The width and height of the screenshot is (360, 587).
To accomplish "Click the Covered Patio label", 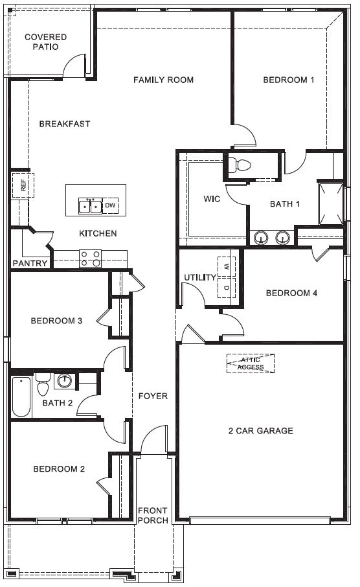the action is click(x=46, y=42).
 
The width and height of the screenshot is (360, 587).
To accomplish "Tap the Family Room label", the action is click(x=164, y=80).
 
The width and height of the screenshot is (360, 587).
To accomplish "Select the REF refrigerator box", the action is click(x=23, y=185).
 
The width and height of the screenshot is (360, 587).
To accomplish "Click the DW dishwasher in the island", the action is click(x=110, y=205).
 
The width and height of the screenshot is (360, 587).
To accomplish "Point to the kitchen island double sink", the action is click(x=90, y=206).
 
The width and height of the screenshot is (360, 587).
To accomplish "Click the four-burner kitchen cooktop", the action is click(x=91, y=259).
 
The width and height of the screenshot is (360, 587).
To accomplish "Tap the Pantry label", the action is click(x=30, y=263).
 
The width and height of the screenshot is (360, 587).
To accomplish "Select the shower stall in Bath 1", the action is click(x=330, y=203).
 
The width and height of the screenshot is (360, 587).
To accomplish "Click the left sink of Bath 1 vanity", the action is click(x=261, y=237).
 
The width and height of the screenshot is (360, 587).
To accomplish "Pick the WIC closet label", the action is click(x=212, y=199).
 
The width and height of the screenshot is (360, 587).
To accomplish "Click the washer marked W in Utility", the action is click(x=227, y=266).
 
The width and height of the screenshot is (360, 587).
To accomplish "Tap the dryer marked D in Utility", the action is click(x=227, y=288).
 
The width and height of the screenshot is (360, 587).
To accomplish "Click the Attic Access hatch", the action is click(x=251, y=363).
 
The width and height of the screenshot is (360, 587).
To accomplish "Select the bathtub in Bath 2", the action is click(x=21, y=397).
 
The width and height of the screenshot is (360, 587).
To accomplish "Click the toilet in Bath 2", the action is click(x=43, y=384).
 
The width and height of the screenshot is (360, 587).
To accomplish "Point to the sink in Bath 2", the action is click(x=65, y=381).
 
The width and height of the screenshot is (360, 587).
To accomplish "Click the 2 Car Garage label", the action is click(x=261, y=431).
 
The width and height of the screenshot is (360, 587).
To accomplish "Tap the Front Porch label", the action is click(x=153, y=516).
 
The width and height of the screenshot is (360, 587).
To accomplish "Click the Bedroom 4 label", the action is click(x=291, y=293).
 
